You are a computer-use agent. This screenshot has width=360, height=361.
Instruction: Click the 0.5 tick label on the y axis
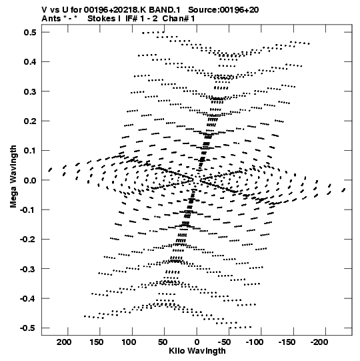[30, 32]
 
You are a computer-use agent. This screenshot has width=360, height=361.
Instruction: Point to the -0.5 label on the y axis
[28, 328]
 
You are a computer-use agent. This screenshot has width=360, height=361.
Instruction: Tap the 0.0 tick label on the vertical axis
[30, 180]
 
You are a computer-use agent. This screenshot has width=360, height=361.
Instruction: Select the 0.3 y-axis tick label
[30, 91]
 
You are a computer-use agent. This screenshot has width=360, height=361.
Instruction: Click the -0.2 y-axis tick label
[28, 239]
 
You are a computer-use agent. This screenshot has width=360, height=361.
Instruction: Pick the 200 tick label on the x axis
[64, 342]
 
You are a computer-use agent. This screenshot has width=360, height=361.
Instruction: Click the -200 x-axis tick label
[319, 342]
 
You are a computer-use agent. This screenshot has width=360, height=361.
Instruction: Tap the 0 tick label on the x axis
[197, 342]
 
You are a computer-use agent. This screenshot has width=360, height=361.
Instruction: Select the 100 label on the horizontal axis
[129, 342]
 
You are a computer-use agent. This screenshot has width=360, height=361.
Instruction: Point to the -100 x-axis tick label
[255, 342]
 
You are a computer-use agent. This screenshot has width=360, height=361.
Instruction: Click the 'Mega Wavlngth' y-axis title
[13, 177]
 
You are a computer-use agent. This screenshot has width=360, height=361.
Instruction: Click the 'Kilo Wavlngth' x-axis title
[197, 351]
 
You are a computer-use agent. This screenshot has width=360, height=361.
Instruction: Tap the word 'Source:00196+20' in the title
[223, 10]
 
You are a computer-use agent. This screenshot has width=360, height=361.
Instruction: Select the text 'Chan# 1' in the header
[179, 19]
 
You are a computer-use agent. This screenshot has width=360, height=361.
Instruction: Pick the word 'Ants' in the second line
[51, 19]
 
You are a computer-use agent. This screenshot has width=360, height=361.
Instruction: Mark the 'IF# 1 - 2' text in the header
[141, 19]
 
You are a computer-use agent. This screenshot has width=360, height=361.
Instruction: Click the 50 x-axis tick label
[163, 342]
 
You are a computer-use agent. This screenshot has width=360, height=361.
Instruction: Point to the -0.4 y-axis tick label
[28, 298]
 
